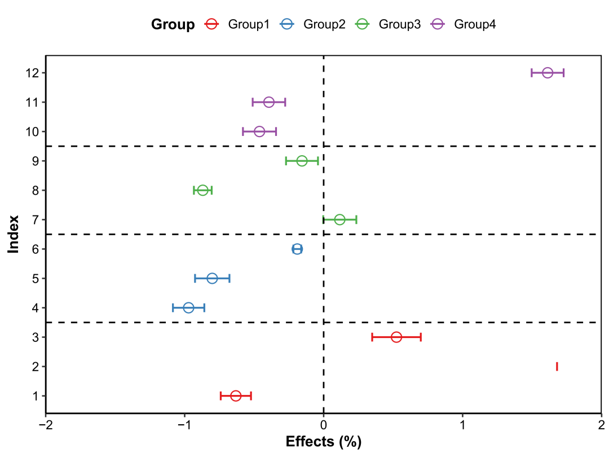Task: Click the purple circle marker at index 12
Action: click(548, 73)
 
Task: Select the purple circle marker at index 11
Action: click(269, 102)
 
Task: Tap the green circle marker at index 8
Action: click(203, 190)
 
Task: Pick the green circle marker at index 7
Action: click(339, 219)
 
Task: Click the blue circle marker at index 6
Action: click(297, 249)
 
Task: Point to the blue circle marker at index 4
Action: click(188, 307)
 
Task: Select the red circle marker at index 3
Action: click(396, 337)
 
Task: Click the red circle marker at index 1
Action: click(236, 396)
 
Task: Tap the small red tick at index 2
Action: click(557, 367)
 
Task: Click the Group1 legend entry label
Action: click(249, 24)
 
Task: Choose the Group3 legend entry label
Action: click(399, 24)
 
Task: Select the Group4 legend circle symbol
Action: click(438, 24)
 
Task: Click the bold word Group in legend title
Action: click(173, 24)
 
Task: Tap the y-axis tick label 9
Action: click(36, 161)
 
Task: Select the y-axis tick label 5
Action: click(36, 278)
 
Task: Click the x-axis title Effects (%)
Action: click(324, 442)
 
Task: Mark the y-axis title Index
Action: click(14, 234)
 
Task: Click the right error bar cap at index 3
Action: click(421, 337)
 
